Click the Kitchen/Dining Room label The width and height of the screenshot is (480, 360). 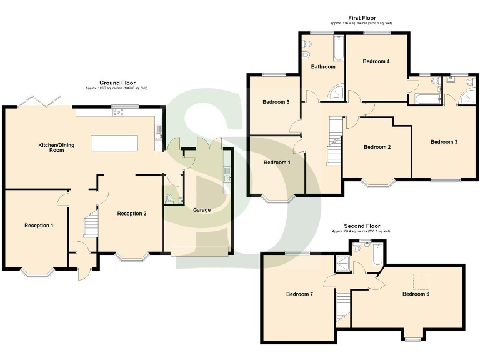(x=56, y=147)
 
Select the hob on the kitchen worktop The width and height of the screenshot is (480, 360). (x=117, y=112)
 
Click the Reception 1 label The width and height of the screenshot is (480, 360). (x=39, y=225)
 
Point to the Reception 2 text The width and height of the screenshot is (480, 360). (x=132, y=214)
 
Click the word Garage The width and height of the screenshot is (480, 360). (x=201, y=210)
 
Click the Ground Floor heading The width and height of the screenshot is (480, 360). (x=117, y=82)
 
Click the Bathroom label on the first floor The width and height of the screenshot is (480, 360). (x=324, y=67)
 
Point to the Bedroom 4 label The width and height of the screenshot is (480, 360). (x=376, y=61)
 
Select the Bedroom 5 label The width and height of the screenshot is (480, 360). (x=276, y=102)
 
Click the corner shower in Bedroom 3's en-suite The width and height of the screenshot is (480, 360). (x=466, y=96)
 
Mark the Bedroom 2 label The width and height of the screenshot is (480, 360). (x=377, y=147)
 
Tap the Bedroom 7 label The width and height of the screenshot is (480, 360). (x=299, y=294)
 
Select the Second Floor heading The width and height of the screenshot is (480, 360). (x=362, y=226)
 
